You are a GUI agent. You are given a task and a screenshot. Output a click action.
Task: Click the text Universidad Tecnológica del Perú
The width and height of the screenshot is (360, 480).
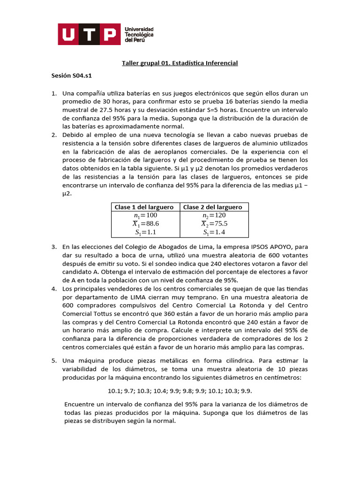[x=139, y=34]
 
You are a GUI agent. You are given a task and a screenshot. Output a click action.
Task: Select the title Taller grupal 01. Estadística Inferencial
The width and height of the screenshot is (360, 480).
[x=180, y=63]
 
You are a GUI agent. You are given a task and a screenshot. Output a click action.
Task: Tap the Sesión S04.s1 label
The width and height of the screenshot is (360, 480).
[x=74, y=75]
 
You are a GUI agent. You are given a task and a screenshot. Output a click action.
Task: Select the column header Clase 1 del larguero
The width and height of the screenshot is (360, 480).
[x=144, y=207]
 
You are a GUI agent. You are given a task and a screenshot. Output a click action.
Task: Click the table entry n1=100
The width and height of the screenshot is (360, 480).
[x=144, y=215]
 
